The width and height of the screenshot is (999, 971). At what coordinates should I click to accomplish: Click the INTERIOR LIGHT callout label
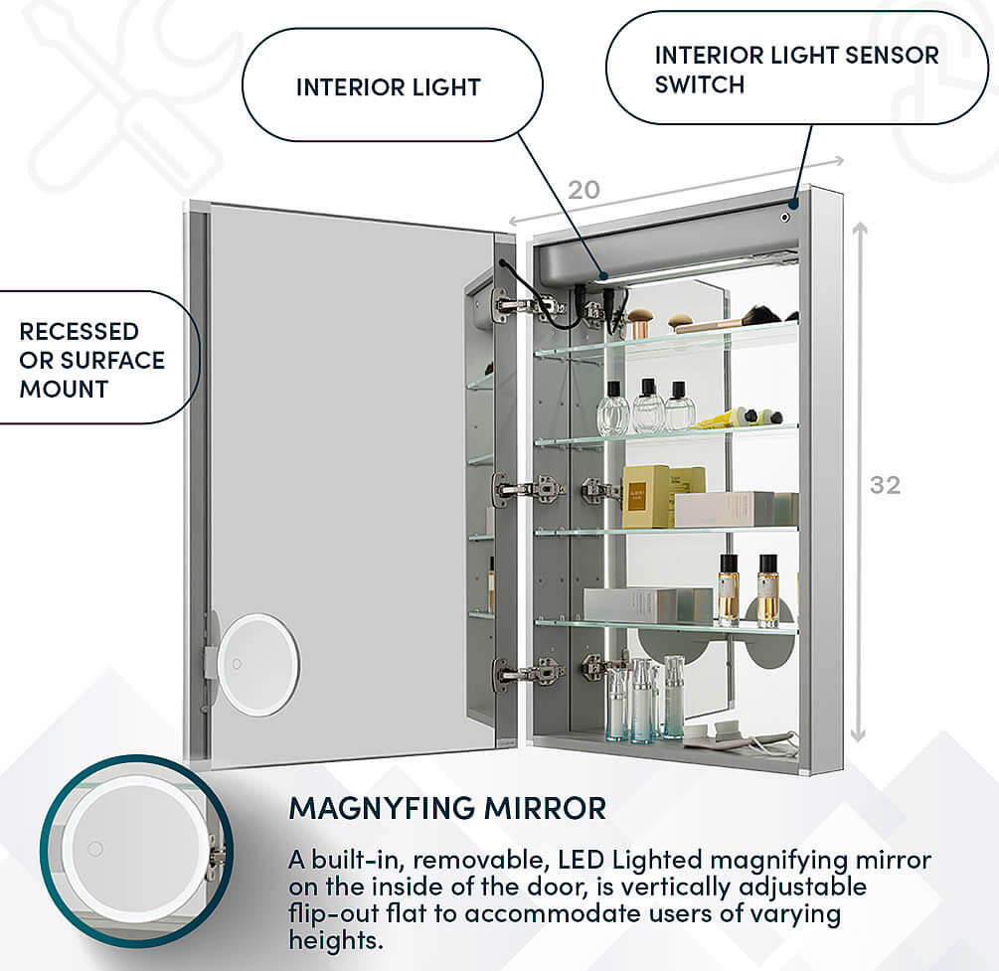click(x=388, y=87)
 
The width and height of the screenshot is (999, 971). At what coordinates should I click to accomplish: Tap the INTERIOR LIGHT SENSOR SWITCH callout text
click(x=795, y=70)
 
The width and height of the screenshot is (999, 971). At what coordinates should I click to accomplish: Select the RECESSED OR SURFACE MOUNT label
click(x=91, y=360)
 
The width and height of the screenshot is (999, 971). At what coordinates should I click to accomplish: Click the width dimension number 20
click(x=583, y=190)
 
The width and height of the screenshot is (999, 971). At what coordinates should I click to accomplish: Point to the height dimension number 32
click(x=884, y=485)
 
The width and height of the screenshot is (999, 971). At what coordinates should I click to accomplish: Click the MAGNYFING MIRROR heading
click(x=446, y=807)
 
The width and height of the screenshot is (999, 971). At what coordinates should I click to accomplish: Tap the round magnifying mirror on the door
click(x=256, y=664)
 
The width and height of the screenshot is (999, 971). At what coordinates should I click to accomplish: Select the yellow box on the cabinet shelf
click(x=646, y=496)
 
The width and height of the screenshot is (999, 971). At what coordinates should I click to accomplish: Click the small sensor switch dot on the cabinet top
click(x=784, y=216)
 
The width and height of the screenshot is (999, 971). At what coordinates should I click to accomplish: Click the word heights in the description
click(x=335, y=939)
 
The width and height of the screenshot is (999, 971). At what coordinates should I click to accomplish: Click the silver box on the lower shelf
click(x=647, y=605)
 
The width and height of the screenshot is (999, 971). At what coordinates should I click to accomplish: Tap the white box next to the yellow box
click(x=724, y=508)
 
